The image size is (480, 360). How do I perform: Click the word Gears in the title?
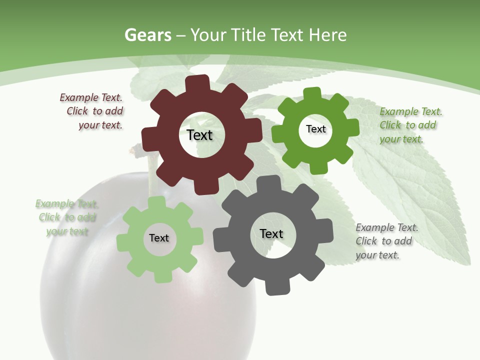point(148,35)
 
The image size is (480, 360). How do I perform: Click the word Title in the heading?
point(248,35)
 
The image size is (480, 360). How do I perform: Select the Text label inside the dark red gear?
point(199,135)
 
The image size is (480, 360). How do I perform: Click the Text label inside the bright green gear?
point(315,129)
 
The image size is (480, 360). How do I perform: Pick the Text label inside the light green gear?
point(159,238)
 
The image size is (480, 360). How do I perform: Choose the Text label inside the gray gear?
point(271,233)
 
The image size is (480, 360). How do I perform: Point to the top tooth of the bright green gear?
point(312,94)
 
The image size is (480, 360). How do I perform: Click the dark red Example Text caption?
point(92,111)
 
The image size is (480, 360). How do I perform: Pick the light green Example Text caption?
point(66,217)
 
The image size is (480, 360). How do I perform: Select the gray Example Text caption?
point(385,241)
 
